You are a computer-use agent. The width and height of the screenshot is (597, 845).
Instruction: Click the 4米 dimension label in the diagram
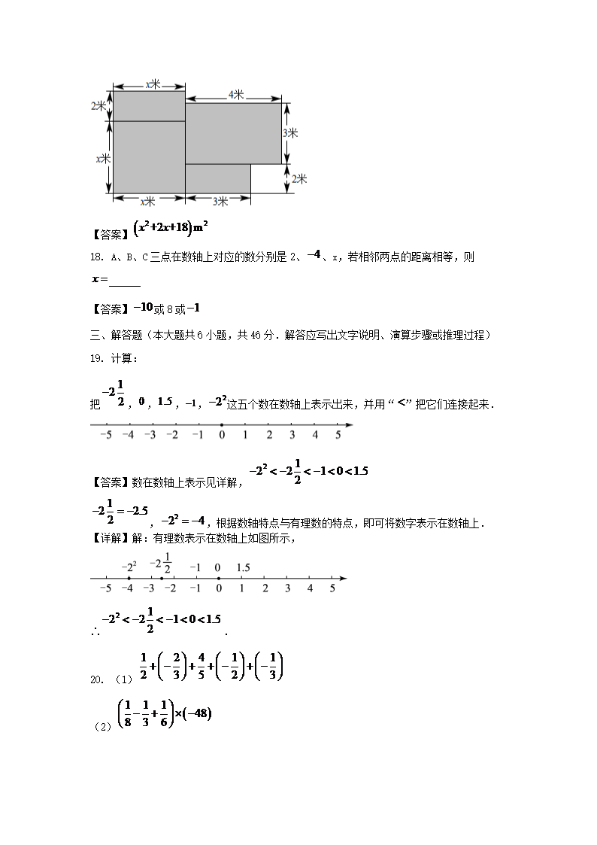[235, 95]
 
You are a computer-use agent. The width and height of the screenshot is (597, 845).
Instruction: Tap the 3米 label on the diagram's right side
[291, 133]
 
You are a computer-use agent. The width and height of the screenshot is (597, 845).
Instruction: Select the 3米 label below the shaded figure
[220, 201]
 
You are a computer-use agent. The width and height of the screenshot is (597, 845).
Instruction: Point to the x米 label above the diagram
[153, 84]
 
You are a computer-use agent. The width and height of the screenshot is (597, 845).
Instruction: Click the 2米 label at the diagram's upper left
[99, 105]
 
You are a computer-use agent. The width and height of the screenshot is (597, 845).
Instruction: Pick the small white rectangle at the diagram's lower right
[268, 178]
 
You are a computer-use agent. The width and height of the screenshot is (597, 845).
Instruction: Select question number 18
[95, 257]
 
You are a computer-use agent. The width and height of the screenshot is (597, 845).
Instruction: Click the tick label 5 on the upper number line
[338, 435]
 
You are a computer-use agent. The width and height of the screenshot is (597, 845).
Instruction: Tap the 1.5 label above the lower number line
[242, 567]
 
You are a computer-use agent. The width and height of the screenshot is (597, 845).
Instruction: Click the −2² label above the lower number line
[129, 567]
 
